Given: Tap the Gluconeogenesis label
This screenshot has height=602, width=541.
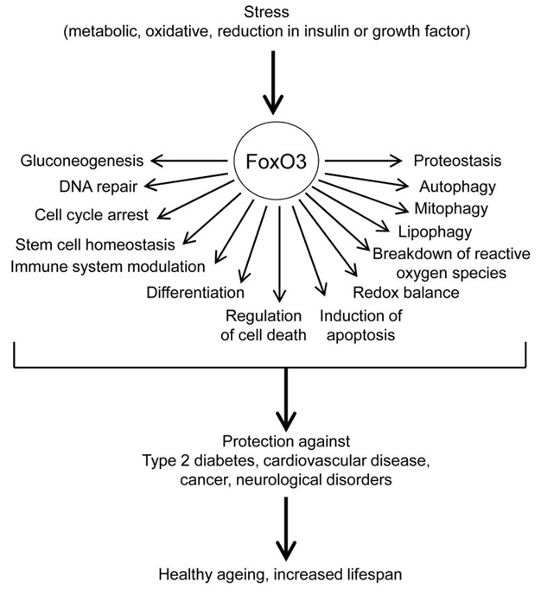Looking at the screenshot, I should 83,160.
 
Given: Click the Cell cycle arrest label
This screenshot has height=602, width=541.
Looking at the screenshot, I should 92,214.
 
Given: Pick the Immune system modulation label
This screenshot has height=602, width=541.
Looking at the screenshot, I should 108,265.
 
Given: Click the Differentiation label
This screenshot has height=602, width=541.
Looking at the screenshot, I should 195,292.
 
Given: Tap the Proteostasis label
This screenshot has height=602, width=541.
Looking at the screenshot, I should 457,160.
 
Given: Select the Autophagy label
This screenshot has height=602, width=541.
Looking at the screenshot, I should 456,185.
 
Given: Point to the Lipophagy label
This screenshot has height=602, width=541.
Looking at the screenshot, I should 435,231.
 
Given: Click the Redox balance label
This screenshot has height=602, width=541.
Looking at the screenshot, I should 405,292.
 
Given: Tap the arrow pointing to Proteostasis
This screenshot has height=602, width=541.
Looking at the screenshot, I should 363,160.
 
